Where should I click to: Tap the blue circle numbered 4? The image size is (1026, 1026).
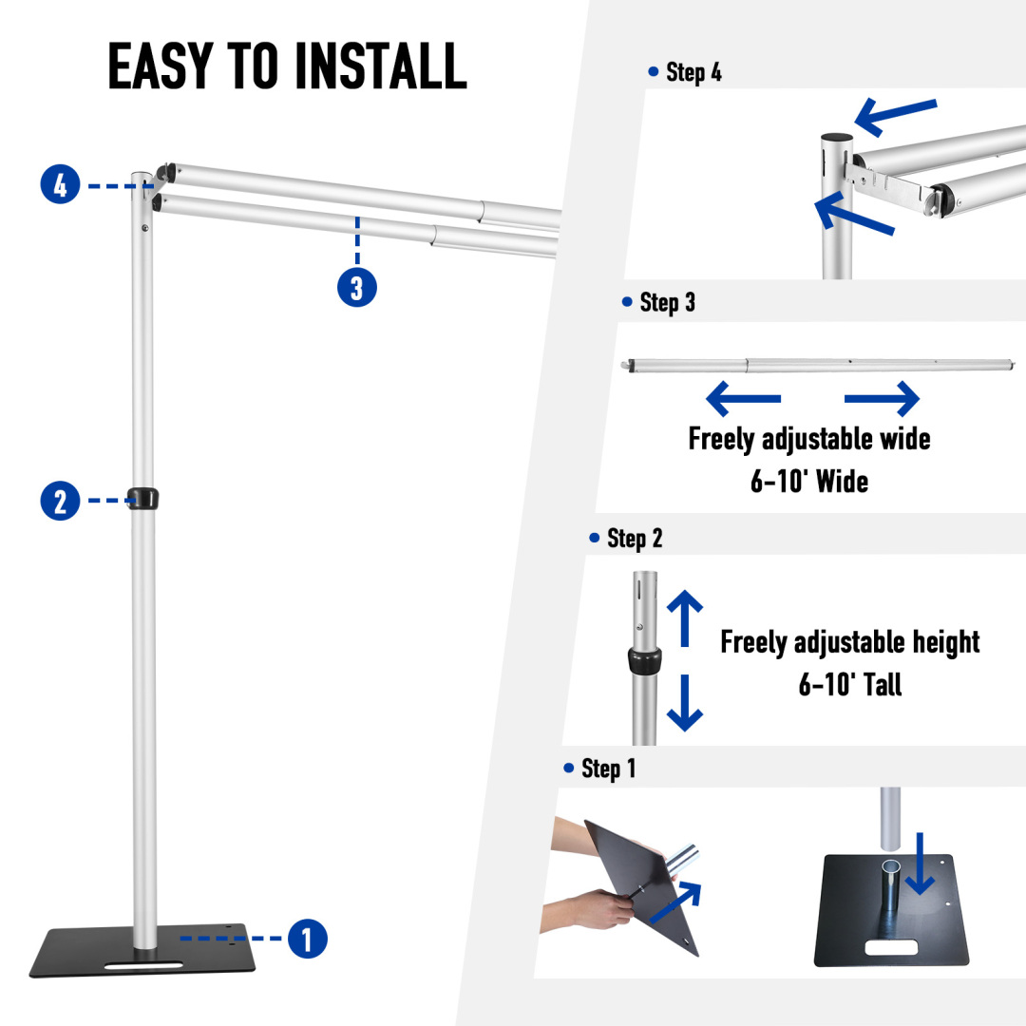pyautogui.click(x=61, y=184)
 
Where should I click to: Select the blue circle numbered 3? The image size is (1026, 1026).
pyautogui.click(x=357, y=287)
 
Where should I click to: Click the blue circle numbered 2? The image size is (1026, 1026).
pyautogui.click(x=61, y=501)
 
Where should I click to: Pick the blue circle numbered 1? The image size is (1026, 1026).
pyautogui.click(x=307, y=939)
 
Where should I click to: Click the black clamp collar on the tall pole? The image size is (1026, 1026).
pyautogui.click(x=143, y=497)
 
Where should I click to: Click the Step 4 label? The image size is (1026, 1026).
pyautogui.click(x=693, y=72)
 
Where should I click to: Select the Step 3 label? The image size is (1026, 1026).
pyautogui.click(x=667, y=302)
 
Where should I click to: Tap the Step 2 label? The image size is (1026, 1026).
pyautogui.click(x=635, y=539)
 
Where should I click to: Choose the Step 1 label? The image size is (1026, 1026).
pyautogui.click(x=608, y=769)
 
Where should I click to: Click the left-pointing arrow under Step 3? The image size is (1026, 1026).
pyautogui.click(x=743, y=399)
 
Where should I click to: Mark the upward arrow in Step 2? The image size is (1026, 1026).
pyautogui.click(x=685, y=617)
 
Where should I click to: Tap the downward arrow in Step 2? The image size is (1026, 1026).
pyautogui.click(x=685, y=703)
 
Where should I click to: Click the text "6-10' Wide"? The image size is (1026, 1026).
pyautogui.click(x=809, y=481)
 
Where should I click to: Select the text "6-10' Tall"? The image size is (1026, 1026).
pyautogui.click(x=849, y=684)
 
